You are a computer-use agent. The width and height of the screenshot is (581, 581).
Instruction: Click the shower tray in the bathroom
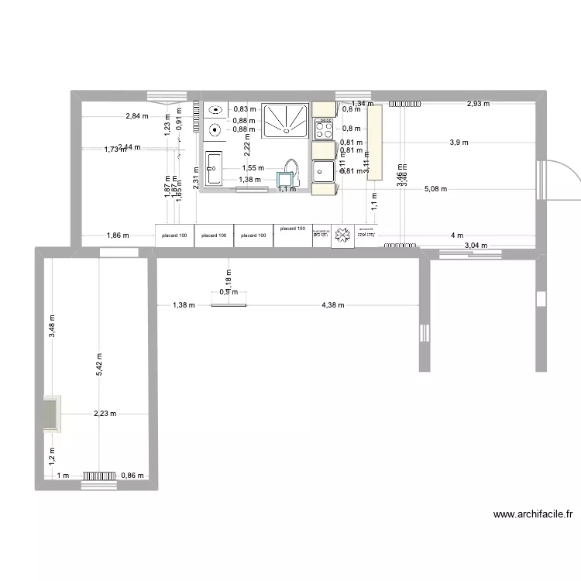point(285,121)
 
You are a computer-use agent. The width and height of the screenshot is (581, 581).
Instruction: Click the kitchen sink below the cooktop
point(323,170)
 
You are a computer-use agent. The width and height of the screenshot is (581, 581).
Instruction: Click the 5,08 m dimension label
point(435,189)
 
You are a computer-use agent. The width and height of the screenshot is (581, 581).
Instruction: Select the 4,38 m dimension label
point(333,305)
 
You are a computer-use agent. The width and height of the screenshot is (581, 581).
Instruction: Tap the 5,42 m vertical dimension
point(99,365)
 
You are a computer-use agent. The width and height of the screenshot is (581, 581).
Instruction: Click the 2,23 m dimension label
point(105,414)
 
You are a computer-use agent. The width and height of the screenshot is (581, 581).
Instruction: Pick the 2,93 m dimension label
point(477,104)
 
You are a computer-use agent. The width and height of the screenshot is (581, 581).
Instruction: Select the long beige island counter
point(376,143)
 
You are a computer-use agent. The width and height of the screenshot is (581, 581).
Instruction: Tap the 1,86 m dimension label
point(118,235)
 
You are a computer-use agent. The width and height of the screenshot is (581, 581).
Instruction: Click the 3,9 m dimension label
point(459,143)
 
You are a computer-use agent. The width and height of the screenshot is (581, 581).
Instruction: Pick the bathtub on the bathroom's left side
point(214,168)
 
